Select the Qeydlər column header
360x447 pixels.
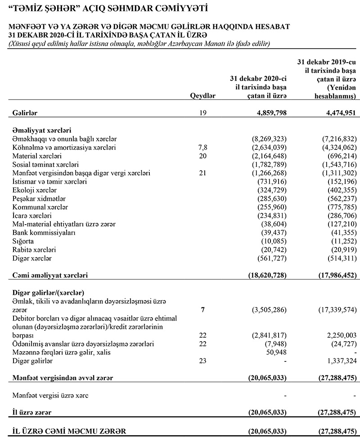pyautogui.click(x=203, y=96)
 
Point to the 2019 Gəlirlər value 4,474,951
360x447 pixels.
pyautogui.click(x=337, y=113)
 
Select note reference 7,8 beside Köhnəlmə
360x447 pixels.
pyautogui.click(x=203, y=147)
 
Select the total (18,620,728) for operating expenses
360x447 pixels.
pyautogui.click(x=267, y=275)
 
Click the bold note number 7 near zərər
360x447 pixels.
pyautogui.click(x=203, y=310)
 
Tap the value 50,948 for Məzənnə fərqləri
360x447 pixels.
pyautogui.click(x=276, y=352)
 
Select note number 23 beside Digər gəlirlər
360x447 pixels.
pyautogui.click(x=202, y=361)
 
